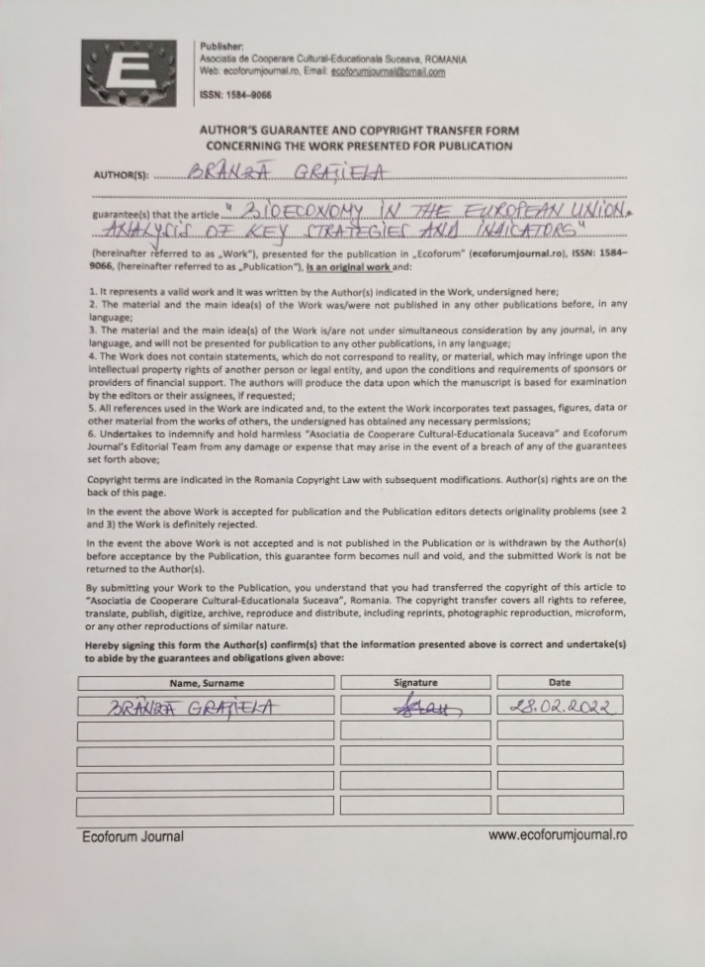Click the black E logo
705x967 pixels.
click(136, 73)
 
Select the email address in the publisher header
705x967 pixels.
click(388, 72)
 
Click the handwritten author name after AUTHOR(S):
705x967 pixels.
click(288, 173)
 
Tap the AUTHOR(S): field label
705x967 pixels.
click(121, 176)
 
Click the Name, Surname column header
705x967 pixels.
click(207, 683)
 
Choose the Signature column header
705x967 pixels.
click(414, 683)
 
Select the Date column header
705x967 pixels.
click(559, 683)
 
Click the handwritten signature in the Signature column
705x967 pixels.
click(418, 707)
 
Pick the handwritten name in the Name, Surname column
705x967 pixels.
click(193, 707)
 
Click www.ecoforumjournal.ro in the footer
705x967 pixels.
click(557, 835)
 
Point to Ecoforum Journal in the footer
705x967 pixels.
click(132, 836)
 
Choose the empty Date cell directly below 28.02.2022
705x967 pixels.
click(560, 730)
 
